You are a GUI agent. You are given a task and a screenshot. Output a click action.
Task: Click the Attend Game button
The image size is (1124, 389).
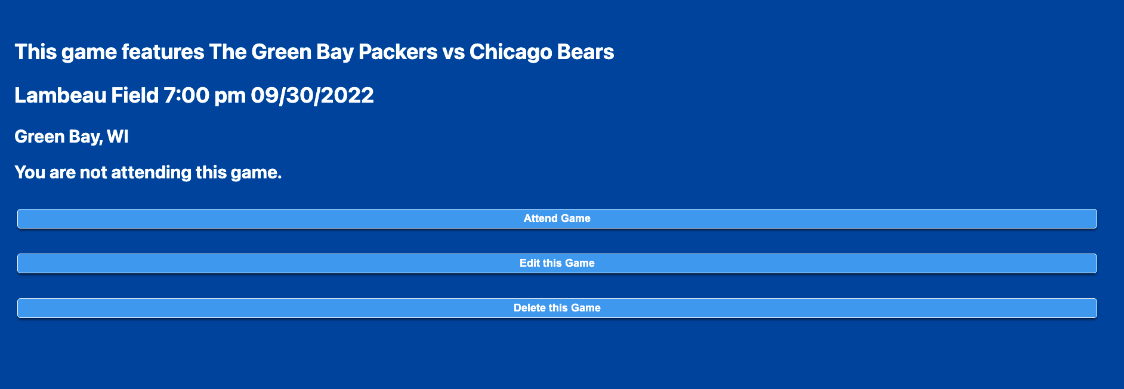tap(557, 218)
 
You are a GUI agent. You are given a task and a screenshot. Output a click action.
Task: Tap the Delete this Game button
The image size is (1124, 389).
tap(557, 308)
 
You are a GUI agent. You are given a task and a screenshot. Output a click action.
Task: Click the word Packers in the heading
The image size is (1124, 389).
tap(398, 52)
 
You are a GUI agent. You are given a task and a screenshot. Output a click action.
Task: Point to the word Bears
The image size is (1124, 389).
tap(585, 52)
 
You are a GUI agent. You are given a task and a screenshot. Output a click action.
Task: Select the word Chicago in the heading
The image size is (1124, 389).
tap(511, 53)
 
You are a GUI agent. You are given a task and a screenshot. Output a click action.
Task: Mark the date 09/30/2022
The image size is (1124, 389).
tap(312, 95)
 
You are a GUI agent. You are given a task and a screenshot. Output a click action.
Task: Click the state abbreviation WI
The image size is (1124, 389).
tap(118, 137)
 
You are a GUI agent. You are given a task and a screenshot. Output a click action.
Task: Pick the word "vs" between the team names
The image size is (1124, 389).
tap(453, 53)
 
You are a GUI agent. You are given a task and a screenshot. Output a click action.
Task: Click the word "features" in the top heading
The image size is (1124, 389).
tap(163, 52)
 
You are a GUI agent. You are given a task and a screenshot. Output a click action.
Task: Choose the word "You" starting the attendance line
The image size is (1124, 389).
tap(30, 172)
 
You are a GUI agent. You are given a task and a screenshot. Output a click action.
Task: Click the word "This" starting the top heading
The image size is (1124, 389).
tap(35, 52)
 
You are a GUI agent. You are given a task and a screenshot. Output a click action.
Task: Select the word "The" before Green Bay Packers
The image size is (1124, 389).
tap(228, 52)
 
